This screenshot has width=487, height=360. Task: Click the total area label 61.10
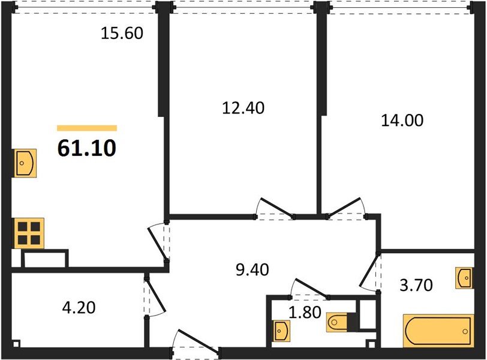click(x=87, y=148)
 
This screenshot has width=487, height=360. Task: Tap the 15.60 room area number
click(x=122, y=33)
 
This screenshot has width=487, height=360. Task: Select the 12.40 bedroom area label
click(x=243, y=108)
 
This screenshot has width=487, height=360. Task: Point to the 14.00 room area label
click(x=402, y=121)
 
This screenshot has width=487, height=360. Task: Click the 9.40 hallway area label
click(x=252, y=269)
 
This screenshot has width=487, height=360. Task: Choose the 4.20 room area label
click(x=79, y=308)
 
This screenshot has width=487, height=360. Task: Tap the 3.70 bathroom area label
click(x=416, y=285)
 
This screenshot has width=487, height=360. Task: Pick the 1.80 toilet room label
click(x=305, y=313)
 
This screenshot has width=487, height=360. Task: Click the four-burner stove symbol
click(x=29, y=233)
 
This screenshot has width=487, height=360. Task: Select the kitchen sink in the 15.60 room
click(x=25, y=163)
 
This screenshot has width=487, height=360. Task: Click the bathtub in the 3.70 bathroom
click(x=438, y=331)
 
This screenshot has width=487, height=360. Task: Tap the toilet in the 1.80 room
click(x=337, y=322)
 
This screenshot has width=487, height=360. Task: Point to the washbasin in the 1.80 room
click(x=282, y=331)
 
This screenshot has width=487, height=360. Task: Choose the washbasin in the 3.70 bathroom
click(x=465, y=278)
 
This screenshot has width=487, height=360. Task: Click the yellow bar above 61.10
click(x=87, y=128)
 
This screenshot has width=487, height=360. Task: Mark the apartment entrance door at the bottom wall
click(x=196, y=341)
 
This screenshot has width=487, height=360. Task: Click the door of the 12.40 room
click(x=275, y=207)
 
